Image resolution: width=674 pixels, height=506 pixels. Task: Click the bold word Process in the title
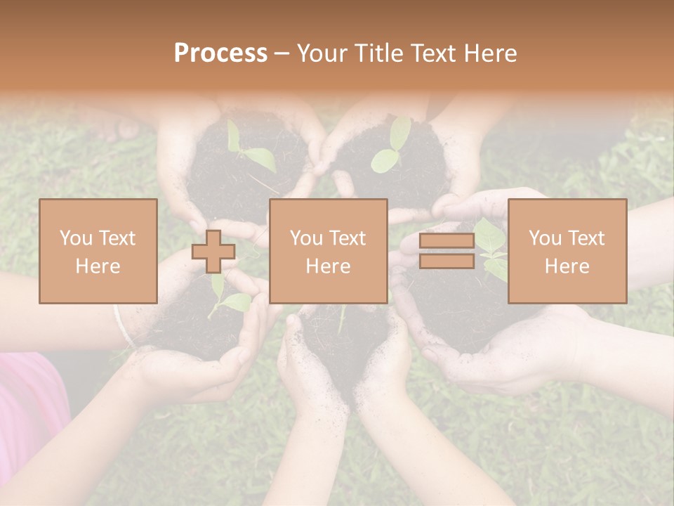[x=220, y=53]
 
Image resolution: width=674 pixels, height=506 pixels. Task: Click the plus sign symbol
[x=213, y=252]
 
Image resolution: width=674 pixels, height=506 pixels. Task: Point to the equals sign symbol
[x=447, y=252]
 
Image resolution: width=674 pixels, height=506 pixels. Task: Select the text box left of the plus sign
[x=98, y=251]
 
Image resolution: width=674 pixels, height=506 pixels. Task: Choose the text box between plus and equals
[x=328, y=251]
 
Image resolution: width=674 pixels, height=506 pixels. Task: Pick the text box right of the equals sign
[x=567, y=251]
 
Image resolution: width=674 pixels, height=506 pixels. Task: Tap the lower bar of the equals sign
[x=447, y=261]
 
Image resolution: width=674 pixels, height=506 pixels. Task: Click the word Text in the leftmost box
[x=117, y=238]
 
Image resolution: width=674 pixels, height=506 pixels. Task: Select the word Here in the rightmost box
[x=567, y=266]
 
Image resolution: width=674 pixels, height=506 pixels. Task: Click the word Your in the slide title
[x=321, y=53]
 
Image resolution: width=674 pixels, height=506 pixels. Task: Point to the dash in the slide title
[x=282, y=54]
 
